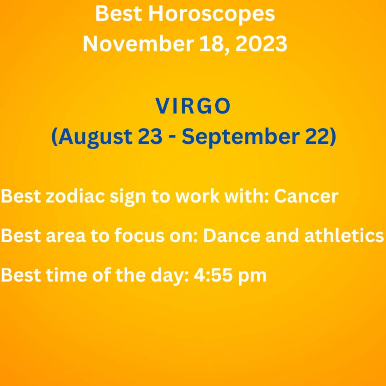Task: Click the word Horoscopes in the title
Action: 212,14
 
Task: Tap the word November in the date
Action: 139,44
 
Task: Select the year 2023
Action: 261,44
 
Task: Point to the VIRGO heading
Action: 193,106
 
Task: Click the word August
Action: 95,138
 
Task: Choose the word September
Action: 241,138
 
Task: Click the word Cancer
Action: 306,196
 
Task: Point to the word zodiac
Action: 75,196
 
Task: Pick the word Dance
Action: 232,236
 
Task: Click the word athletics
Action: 344,235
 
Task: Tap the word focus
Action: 139,235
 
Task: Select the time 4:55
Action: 213,275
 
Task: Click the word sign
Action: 128,197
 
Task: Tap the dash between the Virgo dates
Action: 172,138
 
